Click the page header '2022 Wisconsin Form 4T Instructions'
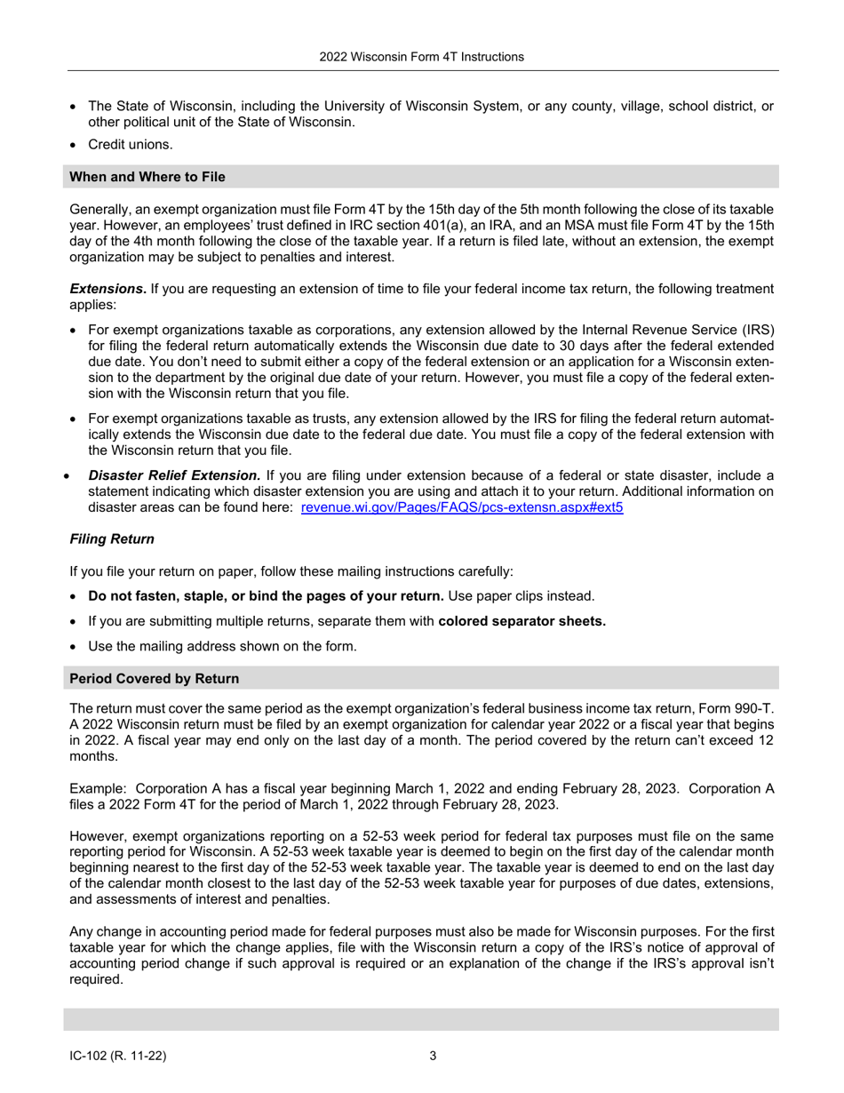click(422, 57)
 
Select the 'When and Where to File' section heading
click(147, 177)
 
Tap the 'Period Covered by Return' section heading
click(154, 678)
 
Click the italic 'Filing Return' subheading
click(112, 539)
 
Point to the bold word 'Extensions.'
click(108, 288)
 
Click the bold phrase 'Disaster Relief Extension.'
click(174, 475)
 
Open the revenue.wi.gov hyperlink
click(462, 508)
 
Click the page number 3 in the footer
click(433, 1056)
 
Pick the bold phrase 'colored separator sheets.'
click(522, 621)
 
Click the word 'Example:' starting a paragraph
click(98, 789)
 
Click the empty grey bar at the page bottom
click(422, 1019)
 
